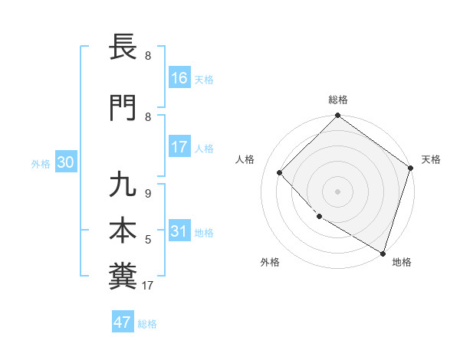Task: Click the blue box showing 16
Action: pos(179,77)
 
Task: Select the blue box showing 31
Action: pos(179,231)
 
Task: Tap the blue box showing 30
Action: pos(66,162)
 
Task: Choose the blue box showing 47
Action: pos(123,322)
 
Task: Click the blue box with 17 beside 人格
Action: pos(179,147)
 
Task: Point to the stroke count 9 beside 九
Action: pos(148,194)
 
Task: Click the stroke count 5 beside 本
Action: pos(148,240)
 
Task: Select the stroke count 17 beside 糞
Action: pos(149,286)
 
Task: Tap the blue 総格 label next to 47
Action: pos(147,324)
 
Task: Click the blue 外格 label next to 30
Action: pos(41,164)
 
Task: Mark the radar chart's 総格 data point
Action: pos(337,116)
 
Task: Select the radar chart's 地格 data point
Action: pos(383,253)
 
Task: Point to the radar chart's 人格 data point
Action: pos(280,172)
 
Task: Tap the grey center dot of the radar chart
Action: pos(337,191)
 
